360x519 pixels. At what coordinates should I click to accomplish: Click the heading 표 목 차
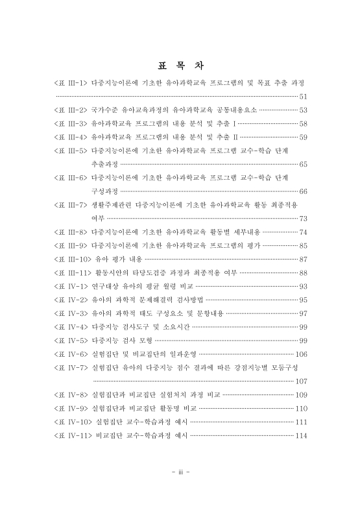pos(180,66)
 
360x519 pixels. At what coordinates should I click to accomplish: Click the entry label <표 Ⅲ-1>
pos(71,84)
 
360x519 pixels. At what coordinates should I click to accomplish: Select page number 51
pos(302,97)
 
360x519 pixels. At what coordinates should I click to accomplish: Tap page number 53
pos(302,110)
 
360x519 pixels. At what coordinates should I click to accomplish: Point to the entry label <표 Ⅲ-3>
pos(71,123)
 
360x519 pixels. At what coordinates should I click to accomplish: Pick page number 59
pos(302,137)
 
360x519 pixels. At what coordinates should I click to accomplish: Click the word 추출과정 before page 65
pos(104,164)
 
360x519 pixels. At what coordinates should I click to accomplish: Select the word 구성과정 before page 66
pos(104,191)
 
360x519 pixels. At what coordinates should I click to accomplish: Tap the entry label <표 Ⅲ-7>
pos(71,204)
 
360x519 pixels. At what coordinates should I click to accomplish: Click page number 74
pos(302,232)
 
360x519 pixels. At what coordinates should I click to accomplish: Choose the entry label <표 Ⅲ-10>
pos(73,259)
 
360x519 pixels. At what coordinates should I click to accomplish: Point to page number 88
pos(302,272)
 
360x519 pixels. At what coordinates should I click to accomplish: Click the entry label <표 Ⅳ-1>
pos(71,286)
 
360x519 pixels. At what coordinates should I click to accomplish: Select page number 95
pos(302,300)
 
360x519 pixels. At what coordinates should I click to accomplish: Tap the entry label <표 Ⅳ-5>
pos(71,340)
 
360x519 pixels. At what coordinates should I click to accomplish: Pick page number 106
pos(301,354)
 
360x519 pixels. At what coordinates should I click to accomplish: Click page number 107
pos(301,381)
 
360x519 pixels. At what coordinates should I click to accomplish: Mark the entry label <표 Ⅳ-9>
pos(71,408)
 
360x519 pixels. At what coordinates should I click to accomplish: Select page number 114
pos(301,435)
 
